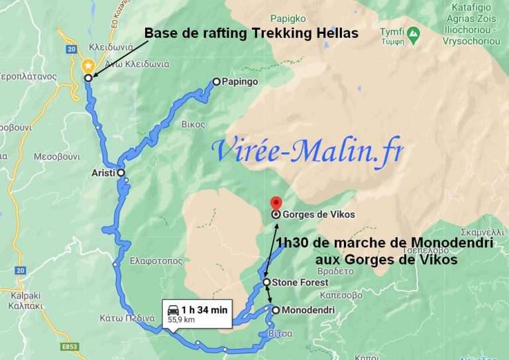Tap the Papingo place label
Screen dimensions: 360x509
click(x=241, y=82)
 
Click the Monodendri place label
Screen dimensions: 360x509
click(x=308, y=310)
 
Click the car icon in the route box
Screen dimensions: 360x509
click(x=173, y=309)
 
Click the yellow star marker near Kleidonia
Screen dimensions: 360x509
click(x=87, y=66)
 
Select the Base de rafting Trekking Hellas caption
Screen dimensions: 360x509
click(x=251, y=33)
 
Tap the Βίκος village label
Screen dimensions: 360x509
click(x=191, y=124)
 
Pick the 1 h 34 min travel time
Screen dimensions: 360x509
click(x=205, y=309)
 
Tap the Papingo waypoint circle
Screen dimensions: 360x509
click(x=216, y=82)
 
